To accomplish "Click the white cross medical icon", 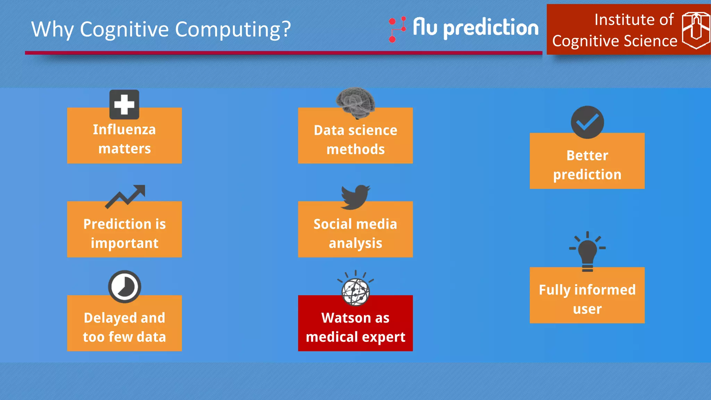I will [x=124, y=105].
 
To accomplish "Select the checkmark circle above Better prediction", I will [x=587, y=122].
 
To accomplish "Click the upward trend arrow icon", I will [x=125, y=196].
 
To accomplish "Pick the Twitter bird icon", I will [x=355, y=197].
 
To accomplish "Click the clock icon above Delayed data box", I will [x=124, y=287].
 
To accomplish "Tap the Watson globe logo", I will [x=355, y=291].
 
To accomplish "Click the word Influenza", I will [x=124, y=130].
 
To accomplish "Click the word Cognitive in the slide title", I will [x=125, y=30].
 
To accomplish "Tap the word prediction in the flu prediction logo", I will [x=491, y=28].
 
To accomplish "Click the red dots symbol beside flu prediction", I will [x=397, y=29].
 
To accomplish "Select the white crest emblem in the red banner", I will [x=696, y=30].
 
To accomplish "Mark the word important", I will [x=124, y=243].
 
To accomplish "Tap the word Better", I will [x=587, y=156].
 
